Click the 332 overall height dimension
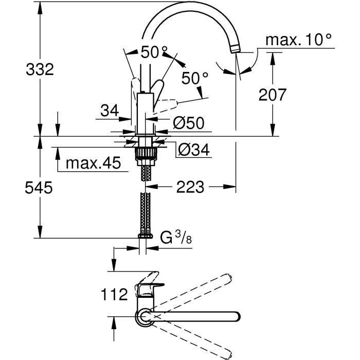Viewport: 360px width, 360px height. [40, 69]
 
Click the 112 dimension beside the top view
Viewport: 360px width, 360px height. [113, 295]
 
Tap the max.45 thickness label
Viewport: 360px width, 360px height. [93, 164]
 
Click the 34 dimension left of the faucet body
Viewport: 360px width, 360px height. [109, 110]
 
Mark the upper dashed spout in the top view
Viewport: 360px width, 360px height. [206, 291]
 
